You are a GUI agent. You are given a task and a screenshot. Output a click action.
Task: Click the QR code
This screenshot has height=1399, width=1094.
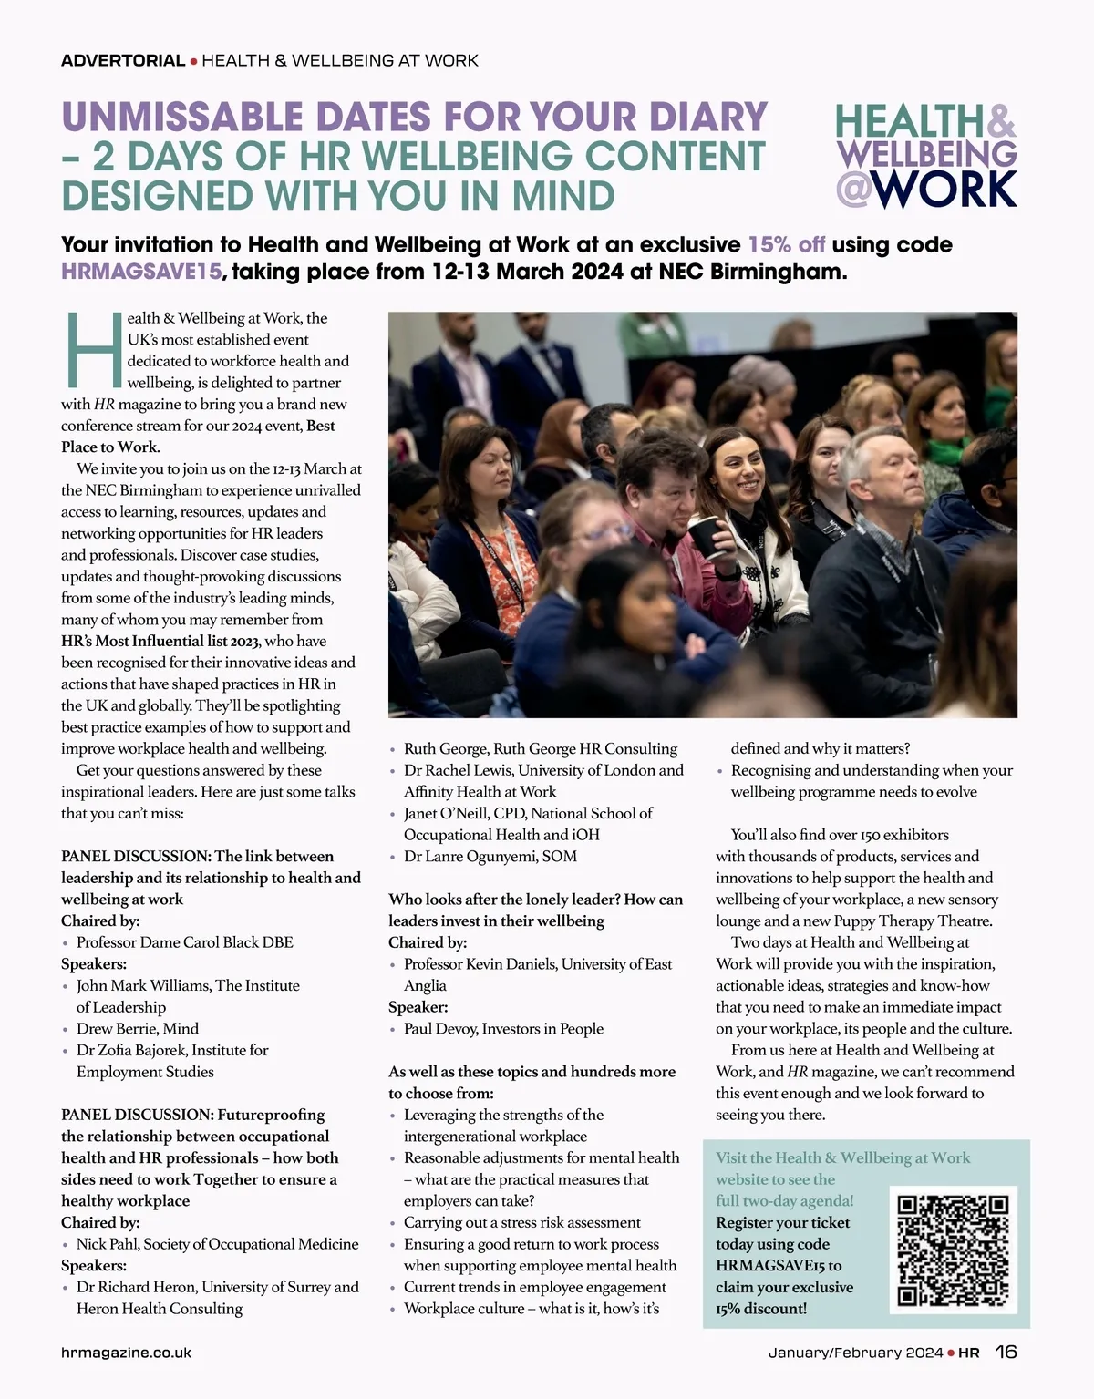(953, 1250)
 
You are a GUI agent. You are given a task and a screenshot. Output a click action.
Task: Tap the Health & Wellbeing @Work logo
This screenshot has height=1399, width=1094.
(925, 156)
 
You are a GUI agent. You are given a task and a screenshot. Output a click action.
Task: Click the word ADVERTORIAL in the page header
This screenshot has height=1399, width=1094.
(123, 61)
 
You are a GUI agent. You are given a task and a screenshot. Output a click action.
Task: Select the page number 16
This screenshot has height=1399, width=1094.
(1006, 1352)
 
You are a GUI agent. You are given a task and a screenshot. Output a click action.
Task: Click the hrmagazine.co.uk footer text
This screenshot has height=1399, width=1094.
(126, 1353)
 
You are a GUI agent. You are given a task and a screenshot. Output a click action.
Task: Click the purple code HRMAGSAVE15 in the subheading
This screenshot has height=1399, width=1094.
(141, 272)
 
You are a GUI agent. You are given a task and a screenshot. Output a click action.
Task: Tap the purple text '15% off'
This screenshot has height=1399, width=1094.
(786, 244)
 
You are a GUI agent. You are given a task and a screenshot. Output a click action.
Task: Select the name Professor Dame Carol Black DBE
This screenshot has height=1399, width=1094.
(184, 942)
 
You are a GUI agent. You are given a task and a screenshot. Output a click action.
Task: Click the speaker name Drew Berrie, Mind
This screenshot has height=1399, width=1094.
(137, 1028)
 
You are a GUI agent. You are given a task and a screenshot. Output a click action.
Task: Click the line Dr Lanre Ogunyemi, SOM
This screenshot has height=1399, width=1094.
(490, 856)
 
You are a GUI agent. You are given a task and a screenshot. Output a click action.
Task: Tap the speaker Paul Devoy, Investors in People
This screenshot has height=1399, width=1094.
(503, 1028)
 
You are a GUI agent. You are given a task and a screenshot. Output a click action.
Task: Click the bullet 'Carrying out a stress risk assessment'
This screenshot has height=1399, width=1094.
(521, 1222)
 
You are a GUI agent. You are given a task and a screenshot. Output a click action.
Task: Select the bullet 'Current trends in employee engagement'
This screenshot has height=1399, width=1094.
(534, 1287)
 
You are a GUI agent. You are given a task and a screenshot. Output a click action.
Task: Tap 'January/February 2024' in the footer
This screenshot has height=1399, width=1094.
(855, 1353)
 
